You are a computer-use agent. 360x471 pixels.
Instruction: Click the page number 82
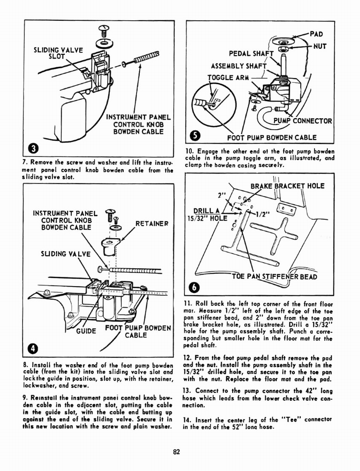[176, 451]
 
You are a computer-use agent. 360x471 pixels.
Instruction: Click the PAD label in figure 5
[317, 34]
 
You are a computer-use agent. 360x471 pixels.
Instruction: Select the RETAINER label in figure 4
[151, 224]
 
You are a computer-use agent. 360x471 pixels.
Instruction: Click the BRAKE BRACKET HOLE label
[287, 186]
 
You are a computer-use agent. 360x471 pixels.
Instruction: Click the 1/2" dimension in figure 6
[263, 213]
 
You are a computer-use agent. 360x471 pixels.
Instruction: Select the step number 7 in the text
[24, 162]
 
